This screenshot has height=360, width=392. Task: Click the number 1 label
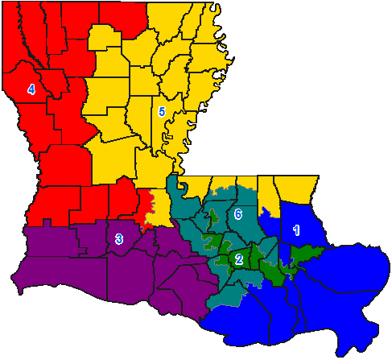click(x=295, y=230)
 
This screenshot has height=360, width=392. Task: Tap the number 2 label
click(x=238, y=259)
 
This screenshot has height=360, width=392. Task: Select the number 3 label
click(x=118, y=238)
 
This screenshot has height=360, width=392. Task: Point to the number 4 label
click(x=31, y=90)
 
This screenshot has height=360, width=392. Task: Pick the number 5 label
click(x=162, y=112)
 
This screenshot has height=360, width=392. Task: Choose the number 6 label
click(x=238, y=215)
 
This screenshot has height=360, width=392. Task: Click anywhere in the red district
click(x=56, y=161)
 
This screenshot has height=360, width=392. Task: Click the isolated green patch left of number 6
click(x=214, y=217)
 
